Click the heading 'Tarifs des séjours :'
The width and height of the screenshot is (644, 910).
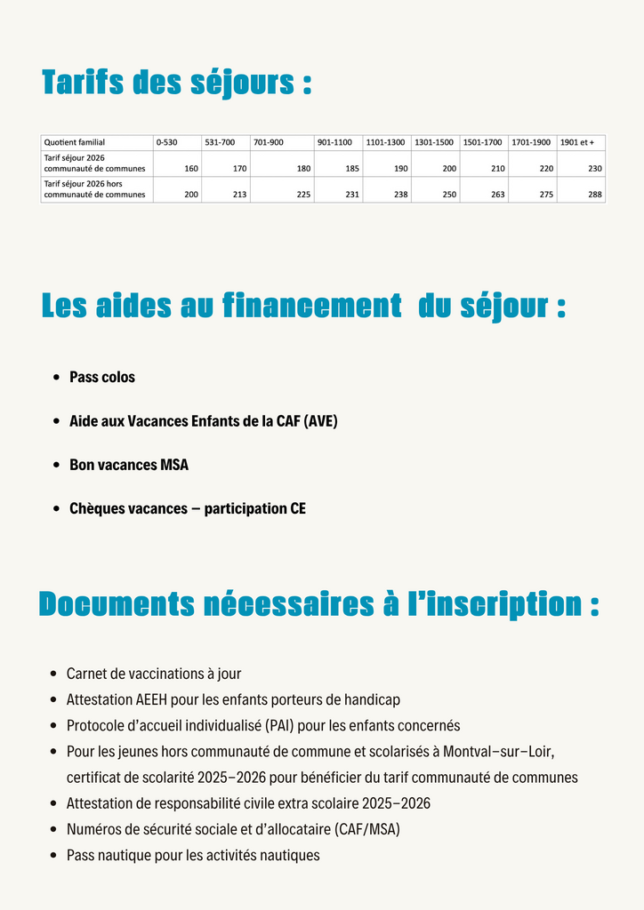click(176, 83)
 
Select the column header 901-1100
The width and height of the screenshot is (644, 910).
click(334, 142)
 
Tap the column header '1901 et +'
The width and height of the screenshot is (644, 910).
click(577, 142)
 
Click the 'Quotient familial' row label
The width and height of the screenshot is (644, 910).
click(75, 142)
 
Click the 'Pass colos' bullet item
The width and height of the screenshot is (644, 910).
click(102, 377)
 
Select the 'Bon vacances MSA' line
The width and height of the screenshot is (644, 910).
click(129, 465)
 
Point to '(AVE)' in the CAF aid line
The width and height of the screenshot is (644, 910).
click(320, 421)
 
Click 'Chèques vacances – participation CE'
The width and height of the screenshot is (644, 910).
click(188, 509)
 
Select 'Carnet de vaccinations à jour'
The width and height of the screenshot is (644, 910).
click(154, 674)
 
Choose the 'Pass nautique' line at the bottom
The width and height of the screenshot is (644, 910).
click(193, 855)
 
